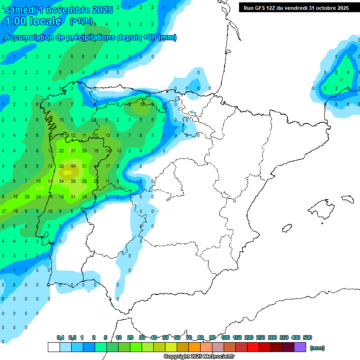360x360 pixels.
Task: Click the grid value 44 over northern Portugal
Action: click(73, 166)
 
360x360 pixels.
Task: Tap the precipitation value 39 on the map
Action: click(73, 181)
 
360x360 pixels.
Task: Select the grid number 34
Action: click(61, 181)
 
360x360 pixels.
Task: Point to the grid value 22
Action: click(61, 150)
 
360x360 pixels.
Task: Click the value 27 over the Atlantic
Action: click(4, 211)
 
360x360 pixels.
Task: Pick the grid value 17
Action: click(107, 166)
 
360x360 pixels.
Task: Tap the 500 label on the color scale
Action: click(307, 337)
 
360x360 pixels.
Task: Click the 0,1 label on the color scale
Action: click(60, 337)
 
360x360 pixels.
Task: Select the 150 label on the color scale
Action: click(237, 337)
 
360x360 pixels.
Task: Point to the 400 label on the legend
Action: click(295, 337)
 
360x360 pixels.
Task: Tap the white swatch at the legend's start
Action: click(53, 347)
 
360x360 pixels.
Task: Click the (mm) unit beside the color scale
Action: click(317, 348)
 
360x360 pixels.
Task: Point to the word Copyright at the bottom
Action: click(177, 357)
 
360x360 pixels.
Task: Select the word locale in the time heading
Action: click(45, 21)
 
